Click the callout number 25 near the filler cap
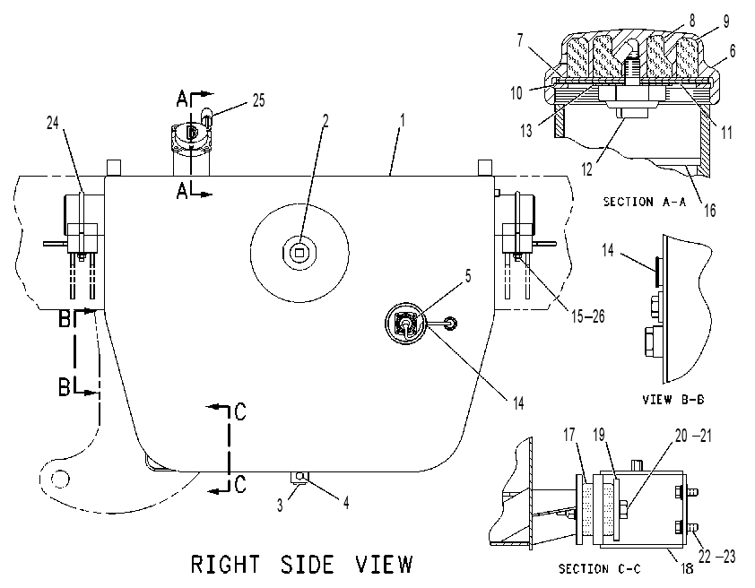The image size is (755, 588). coord(258,100)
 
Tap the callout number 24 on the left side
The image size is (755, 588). coord(53,123)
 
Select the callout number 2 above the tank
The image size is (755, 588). coord(325,121)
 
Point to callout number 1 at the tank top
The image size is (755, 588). coord(403,120)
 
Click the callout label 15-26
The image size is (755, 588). coord(587,316)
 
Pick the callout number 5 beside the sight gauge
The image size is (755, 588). coord(467,276)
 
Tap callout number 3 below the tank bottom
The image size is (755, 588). coord(280,506)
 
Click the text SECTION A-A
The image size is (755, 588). coord(645,202)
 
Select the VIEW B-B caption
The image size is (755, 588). coord(673,400)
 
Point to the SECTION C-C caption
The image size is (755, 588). coord(600,569)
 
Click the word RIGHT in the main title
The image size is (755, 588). coord(225,565)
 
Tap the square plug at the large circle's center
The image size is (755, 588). coord(300,252)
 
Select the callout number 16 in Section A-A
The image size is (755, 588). coord(710,211)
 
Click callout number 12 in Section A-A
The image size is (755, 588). coord(586,169)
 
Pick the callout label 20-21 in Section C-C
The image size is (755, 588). coord(693,436)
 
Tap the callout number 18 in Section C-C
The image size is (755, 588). coord(687,568)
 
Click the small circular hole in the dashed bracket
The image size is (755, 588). coord(60,479)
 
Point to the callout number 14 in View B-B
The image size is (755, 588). coord(608,250)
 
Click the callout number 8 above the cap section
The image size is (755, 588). coord(692,21)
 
